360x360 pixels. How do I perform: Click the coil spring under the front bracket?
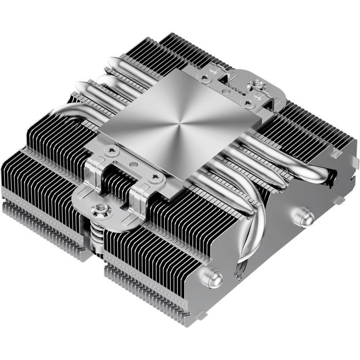96,237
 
